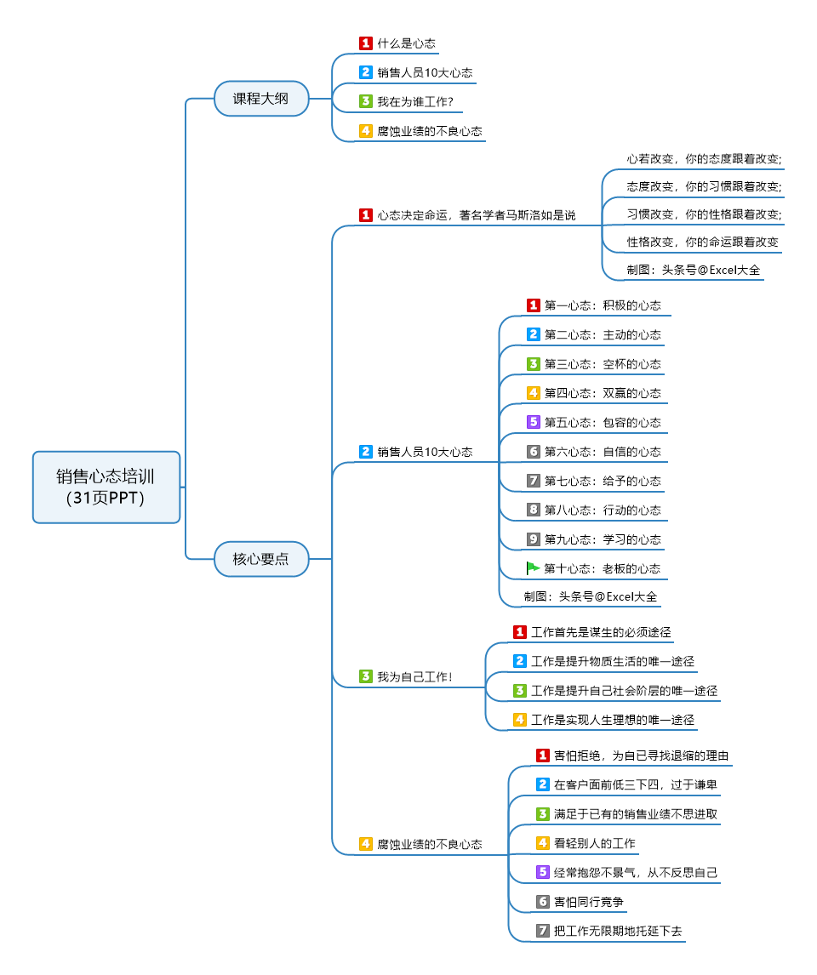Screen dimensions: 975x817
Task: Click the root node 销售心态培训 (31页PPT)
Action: (106, 487)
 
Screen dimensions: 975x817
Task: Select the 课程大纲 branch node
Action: (261, 99)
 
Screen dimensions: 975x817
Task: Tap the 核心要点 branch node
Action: (261, 559)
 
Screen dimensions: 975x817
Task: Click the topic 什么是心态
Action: (407, 43)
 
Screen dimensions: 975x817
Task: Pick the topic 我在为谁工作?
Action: (414, 102)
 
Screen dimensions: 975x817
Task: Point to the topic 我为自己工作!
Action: (414, 677)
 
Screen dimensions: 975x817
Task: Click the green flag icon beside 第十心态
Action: (534, 568)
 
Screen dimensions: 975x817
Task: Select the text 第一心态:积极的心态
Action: (603, 305)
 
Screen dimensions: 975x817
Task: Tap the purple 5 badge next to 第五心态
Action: (534, 422)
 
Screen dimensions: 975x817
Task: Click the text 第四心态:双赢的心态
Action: (603, 393)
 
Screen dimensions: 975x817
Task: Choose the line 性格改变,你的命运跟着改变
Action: (703, 242)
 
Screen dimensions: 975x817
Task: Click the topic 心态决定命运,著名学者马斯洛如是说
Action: (476, 215)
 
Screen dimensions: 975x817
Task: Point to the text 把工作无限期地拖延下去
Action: (618, 931)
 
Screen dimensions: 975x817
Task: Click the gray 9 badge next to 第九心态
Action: (534, 539)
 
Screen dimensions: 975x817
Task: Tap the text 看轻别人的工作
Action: (595, 843)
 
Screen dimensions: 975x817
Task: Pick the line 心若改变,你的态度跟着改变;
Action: (705, 158)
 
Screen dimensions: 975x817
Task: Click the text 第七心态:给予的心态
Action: (603, 481)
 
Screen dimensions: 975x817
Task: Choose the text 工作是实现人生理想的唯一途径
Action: (613, 720)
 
